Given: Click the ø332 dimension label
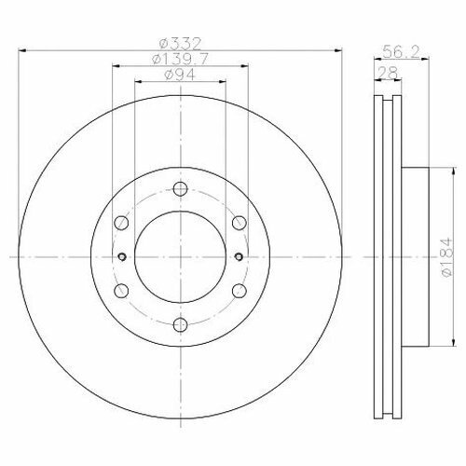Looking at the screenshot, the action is click(180, 44).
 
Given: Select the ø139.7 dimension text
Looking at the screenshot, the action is click(180, 59).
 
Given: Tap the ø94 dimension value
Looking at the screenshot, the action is click(180, 75).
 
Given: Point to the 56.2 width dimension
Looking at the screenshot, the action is click(401, 51).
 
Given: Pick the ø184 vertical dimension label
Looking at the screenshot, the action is click(446, 257).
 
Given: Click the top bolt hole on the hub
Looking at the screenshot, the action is click(181, 188).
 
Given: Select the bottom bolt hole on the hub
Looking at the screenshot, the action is click(181, 325).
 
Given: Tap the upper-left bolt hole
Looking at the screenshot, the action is click(121, 223).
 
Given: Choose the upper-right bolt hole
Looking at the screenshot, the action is click(240, 223).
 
